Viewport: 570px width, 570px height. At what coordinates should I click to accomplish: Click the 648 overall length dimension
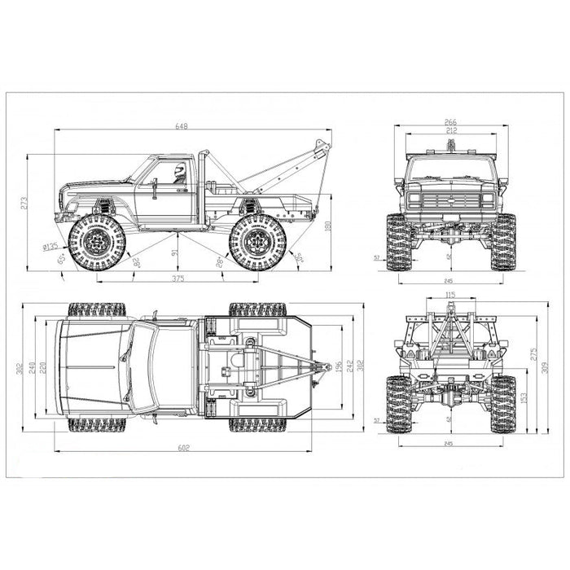coord(193,125)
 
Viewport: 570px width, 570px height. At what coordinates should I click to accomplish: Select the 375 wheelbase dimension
coord(178,279)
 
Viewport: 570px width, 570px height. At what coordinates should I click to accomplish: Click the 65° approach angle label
coord(63,260)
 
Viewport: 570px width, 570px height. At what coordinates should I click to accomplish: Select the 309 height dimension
coord(544,367)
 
